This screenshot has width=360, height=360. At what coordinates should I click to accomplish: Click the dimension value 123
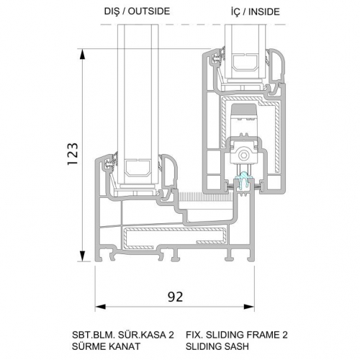[x=73, y=154]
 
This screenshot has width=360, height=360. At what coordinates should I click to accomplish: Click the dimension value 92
[x=175, y=297]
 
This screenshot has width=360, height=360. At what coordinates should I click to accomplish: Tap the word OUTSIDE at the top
[x=149, y=12]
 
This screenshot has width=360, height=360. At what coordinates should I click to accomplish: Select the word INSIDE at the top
[x=264, y=12]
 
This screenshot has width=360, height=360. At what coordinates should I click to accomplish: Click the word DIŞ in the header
[x=112, y=12]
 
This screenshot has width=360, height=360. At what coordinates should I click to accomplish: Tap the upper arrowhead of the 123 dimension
[x=82, y=54]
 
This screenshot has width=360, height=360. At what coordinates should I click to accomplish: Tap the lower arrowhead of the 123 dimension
[x=82, y=256]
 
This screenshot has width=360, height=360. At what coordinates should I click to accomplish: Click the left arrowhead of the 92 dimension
[x=100, y=307]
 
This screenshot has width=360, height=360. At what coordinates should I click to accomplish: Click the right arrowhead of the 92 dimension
[x=249, y=307]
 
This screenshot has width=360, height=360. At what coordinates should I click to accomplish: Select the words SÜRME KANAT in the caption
[x=106, y=346]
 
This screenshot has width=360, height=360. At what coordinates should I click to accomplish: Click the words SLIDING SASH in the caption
[x=217, y=346]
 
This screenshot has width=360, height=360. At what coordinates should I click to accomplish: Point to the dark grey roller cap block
[x=243, y=109]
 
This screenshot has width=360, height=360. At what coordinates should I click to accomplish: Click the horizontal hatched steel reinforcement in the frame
[x=175, y=238]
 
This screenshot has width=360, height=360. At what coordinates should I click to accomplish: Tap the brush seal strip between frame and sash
[x=206, y=197]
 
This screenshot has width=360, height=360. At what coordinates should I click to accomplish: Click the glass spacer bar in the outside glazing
[x=138, y=168]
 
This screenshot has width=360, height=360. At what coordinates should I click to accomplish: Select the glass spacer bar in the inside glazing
[x=246, y=63]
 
